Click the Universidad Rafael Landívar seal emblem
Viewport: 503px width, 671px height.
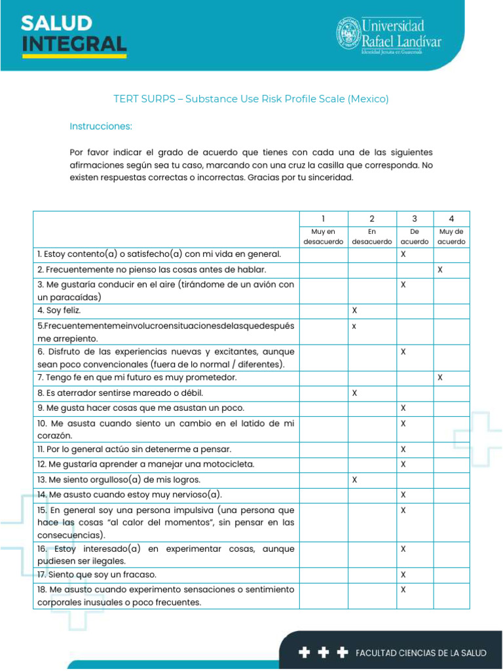(348, 33)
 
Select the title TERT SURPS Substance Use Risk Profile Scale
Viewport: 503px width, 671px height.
(251, 99)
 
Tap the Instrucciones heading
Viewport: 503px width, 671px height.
(101, 125)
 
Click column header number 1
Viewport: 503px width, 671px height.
(324, 219)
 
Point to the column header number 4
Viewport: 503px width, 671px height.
(451, 219)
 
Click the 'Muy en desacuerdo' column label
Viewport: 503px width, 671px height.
(324, 237)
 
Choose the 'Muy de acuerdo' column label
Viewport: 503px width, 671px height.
(451, 237)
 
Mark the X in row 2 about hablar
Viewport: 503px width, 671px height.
(440, 269)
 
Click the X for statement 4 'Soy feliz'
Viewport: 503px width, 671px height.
(354, 309)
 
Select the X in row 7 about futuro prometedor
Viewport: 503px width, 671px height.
(440, 377)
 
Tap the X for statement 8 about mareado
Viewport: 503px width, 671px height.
(354, 393)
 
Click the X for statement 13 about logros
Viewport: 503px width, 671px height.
(354, 480)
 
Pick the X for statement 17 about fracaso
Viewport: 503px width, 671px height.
(403, 575)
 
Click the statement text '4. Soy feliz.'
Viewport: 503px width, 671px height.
(60, 310)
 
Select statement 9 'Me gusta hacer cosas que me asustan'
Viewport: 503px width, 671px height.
(141, 408)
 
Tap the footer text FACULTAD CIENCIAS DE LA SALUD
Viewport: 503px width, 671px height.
(420, 653)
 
